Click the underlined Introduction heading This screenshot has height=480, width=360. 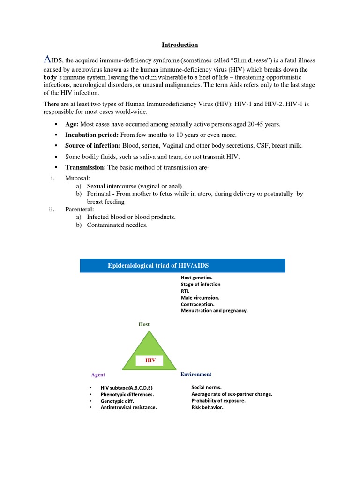(x=180, y=45)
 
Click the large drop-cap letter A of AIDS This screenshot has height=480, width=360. (x=47, y=59)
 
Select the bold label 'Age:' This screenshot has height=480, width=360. (x=72, y=124)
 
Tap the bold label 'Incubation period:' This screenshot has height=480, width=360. (x=91, y=135)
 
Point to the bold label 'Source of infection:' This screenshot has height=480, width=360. (x=93, y=146)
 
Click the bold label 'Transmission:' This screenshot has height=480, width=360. (x=85, y=167)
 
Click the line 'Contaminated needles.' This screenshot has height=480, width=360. (x=117, y=225)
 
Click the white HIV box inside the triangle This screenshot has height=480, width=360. (x=149, y=360)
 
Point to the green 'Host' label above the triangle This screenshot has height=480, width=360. (x=144, y=324)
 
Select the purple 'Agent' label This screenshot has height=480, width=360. (x=98, y=375)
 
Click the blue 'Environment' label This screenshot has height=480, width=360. (x=196, y=374)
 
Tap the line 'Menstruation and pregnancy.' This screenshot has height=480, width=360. (x=214, y=310)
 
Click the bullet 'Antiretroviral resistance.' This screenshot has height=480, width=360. (x=128, y=408)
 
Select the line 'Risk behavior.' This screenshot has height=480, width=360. (x=207, y=407)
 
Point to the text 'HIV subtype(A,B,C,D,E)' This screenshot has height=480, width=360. (x=126, y=388)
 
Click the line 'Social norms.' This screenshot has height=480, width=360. (x=206, y=387)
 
